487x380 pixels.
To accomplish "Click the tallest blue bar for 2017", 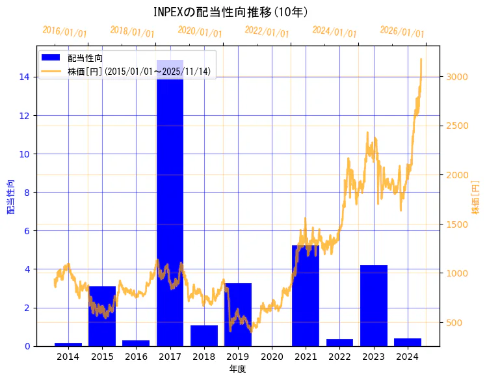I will click(170, 202).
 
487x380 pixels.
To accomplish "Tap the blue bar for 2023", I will click(373, 305).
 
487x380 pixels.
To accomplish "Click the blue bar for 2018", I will click(204, 336).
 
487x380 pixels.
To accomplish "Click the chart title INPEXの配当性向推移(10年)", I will click(231, 12).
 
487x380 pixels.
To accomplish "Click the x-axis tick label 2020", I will click(272, 357).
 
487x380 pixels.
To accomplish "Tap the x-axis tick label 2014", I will click(68, 357).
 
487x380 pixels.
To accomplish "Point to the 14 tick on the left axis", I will click(23, 77).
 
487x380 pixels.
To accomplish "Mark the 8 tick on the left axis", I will click(26, 193).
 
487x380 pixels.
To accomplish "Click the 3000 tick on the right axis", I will click(456, 77).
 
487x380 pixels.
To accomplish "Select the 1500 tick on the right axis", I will click(456, 224).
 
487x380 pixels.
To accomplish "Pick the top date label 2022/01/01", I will click(267, 32).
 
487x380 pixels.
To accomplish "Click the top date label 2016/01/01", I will click(64, 32).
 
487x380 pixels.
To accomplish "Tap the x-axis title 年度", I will click(237, 369).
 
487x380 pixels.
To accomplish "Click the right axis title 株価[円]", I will click(476, 198).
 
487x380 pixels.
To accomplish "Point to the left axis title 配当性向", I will click(10, 197).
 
